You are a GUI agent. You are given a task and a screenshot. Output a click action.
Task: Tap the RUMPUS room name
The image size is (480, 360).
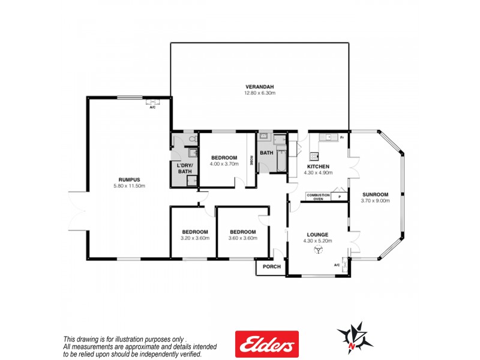pos(129,179)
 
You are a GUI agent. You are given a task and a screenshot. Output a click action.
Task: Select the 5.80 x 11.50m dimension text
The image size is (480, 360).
pos(129,185)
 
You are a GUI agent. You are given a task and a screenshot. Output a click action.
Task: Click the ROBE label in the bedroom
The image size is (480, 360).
pos(252,160)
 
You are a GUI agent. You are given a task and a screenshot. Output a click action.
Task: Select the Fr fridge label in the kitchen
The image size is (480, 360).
pos(341,138)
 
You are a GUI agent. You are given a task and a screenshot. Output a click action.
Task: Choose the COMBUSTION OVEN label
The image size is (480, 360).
pos(318,196)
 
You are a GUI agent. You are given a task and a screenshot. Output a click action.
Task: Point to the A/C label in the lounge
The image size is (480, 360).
pos(337,265)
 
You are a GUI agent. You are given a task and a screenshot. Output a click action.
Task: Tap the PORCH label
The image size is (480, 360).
pos(271,266)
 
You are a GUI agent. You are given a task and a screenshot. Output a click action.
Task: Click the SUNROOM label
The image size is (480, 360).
pos(375,194)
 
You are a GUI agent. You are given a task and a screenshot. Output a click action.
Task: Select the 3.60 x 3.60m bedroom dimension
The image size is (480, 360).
pos(242,238)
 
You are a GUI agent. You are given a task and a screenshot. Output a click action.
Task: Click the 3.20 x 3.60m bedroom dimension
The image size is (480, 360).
pos(195,238)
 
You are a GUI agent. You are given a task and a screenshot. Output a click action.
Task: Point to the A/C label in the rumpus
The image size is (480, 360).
pos(152,107)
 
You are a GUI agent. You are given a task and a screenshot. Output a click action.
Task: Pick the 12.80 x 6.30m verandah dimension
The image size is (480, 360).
pos(259,92)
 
